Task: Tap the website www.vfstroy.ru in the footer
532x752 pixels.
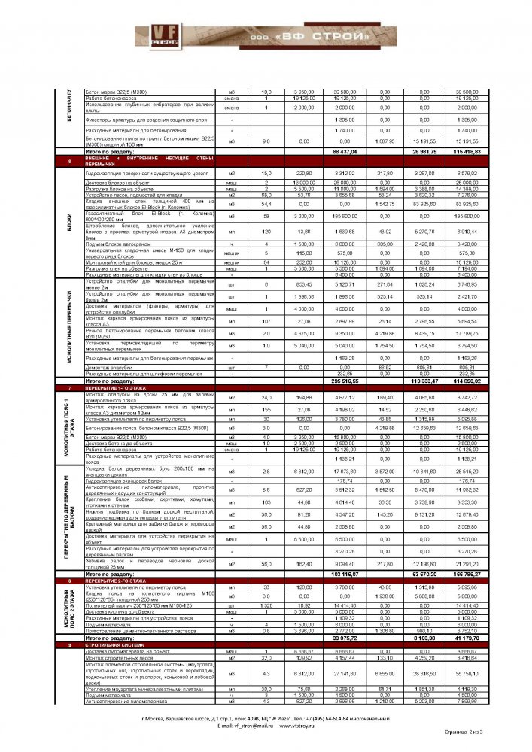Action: click(x=302, y=726)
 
